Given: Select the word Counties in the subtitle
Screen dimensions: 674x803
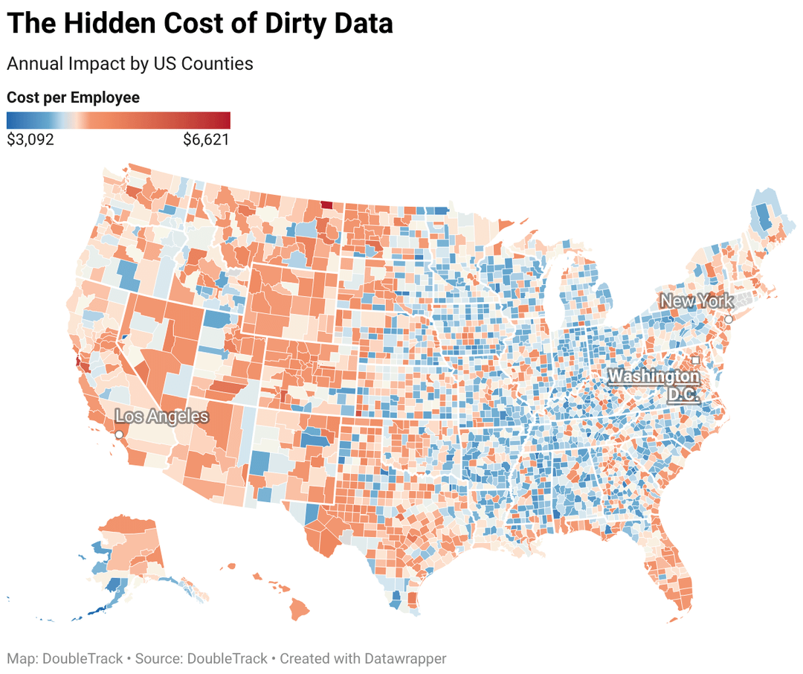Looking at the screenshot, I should [220, 64].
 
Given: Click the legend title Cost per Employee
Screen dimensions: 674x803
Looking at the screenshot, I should [73, 97].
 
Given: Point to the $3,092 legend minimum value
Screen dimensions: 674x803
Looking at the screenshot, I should [30, 139].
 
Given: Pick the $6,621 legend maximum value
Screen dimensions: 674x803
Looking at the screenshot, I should [206, 139].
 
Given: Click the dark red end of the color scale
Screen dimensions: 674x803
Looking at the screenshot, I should [225, 120].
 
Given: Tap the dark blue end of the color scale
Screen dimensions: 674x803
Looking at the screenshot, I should [11, 120].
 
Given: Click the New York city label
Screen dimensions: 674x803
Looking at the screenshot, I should [697, 301].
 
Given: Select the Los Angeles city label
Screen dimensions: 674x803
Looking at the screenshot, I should [161, 416].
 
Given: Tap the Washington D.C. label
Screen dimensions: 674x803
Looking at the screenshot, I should [654, 385].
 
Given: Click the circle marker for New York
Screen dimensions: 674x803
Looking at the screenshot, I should [729, 319].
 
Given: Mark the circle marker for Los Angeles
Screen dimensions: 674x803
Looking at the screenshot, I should [119, 433].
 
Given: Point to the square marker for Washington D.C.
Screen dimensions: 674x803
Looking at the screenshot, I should [696, 360].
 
